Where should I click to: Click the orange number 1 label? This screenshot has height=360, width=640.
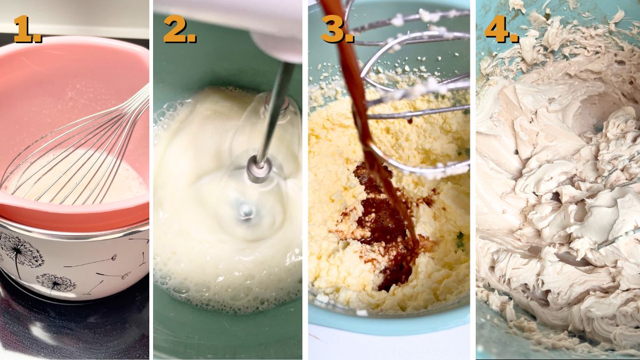(x=27, y=29)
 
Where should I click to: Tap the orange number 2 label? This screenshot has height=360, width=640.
(x=179, y=29)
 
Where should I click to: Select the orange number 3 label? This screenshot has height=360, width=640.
(x=336, y=29)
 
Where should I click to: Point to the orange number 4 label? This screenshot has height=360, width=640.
(x=500, y=29)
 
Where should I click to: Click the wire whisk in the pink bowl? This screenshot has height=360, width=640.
(x=80, y=155)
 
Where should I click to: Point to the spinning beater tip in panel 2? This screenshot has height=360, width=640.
(x=246, y=211)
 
